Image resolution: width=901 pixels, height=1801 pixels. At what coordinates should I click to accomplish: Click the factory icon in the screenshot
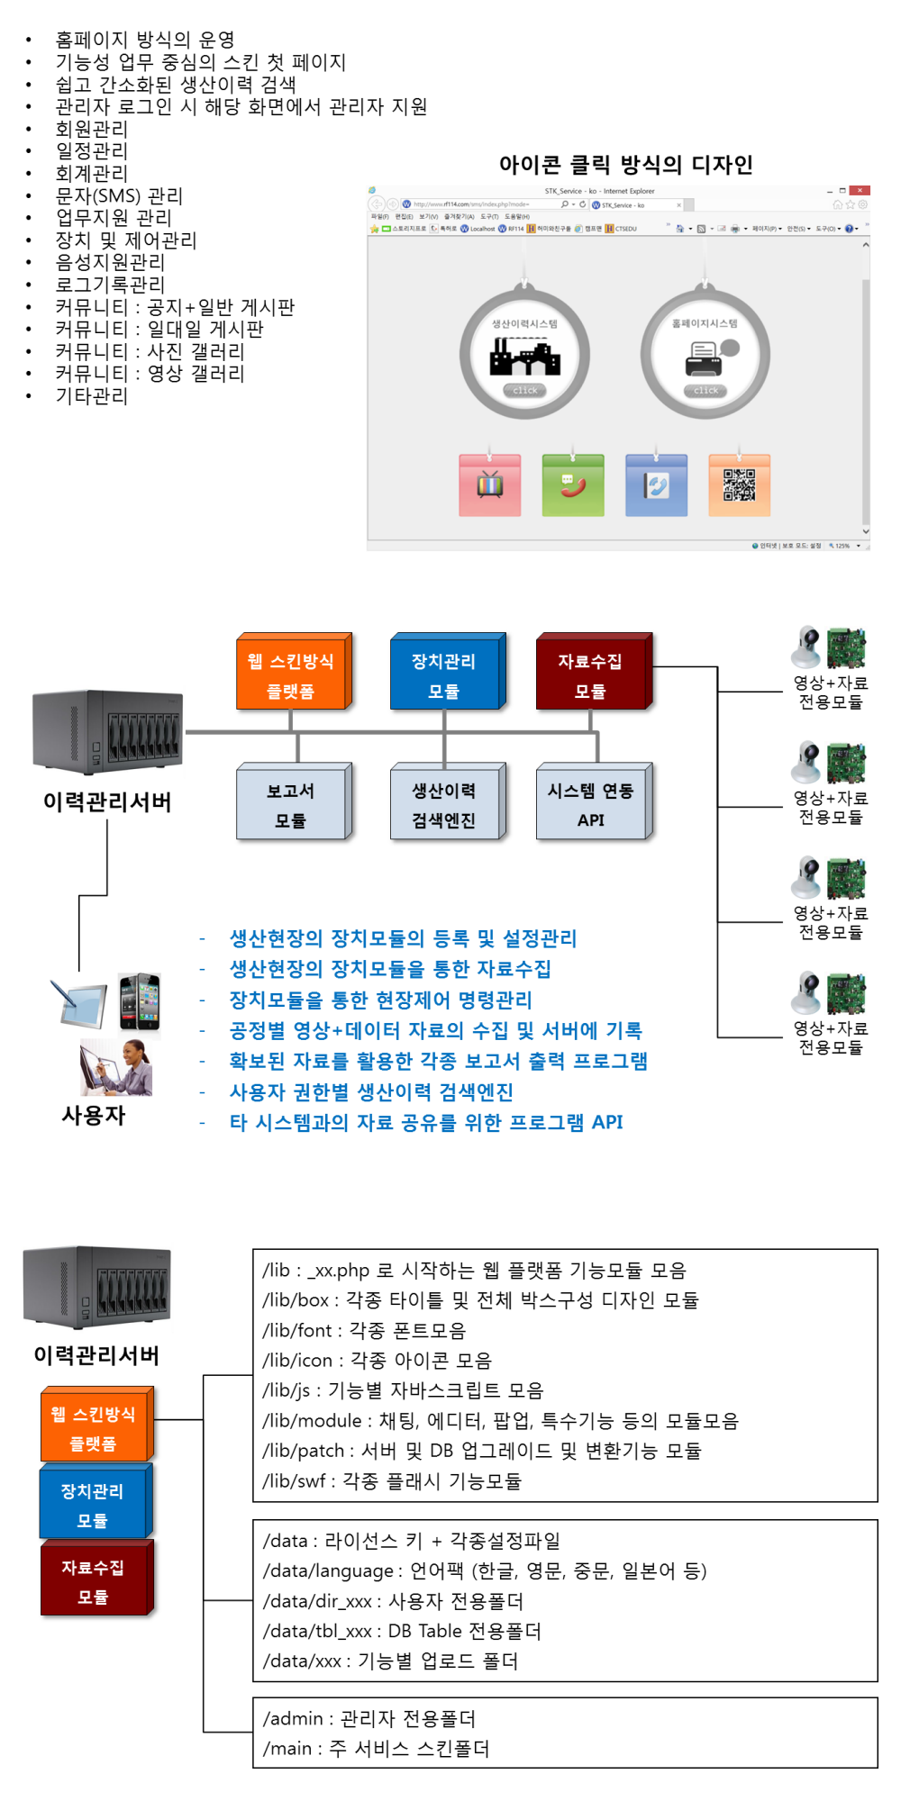click(524, 357)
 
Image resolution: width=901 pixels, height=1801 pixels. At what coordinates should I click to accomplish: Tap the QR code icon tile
click(739, 485)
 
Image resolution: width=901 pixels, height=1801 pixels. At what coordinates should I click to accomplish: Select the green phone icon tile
click(573, 485)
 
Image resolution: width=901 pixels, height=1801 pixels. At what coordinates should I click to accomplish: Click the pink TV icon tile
click(489, 485)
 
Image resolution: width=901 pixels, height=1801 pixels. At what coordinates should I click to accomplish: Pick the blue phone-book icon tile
click(656, 485)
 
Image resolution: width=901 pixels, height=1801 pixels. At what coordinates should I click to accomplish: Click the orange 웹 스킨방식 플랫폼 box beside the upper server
click(291, 674)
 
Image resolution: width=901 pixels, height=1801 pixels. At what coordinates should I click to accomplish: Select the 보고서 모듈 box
click(291, 804)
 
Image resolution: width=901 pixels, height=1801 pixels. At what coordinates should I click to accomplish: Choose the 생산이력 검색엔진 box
click(444, 804)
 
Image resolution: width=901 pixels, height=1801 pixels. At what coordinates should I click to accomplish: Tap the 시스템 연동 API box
click(591, 804)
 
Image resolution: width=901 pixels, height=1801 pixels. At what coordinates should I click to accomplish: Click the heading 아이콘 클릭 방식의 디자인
click(625, 165)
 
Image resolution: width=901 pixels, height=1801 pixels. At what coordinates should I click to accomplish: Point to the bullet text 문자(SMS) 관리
click(119, 195)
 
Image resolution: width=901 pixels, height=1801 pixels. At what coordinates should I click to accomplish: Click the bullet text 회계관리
click(92, 173)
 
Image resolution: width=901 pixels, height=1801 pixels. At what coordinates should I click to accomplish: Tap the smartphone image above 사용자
click(140, 1000)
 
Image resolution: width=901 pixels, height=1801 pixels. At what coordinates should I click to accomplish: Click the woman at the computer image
click(116, 1067)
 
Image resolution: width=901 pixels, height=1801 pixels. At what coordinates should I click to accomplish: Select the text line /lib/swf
click(392, 1480)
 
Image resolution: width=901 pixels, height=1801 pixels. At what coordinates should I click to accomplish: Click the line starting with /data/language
click(484, 1570)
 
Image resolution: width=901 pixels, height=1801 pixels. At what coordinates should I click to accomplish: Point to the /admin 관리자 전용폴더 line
click(369, 1718)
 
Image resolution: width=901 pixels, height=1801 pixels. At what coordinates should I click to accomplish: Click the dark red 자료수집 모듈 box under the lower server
click(96, 1580)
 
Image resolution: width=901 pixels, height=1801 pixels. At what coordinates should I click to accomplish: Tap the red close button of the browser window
click(860, 191)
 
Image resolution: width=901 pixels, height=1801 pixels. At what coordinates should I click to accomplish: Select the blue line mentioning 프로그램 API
click(426, 1122)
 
